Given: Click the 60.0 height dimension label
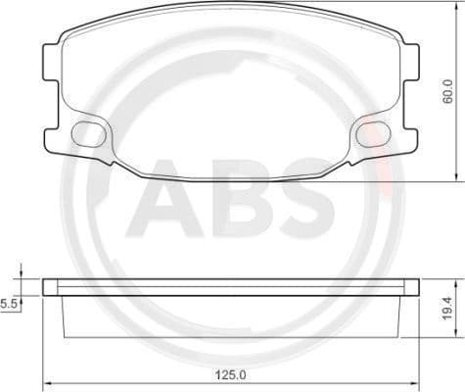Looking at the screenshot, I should pos(448,92).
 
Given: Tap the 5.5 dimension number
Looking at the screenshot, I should pos(9,305).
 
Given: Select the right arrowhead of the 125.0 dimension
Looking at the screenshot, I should pos(415,382).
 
